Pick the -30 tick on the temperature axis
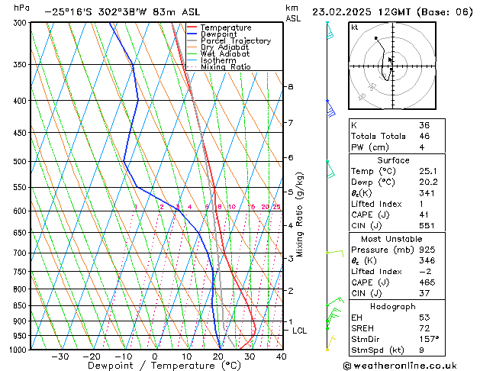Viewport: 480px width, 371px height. (x=59, y=356)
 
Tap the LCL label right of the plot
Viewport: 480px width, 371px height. (x=299, y=331)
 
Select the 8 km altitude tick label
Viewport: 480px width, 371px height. (x=290, y=87)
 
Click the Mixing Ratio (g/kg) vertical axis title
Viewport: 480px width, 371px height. (x=300, y=214)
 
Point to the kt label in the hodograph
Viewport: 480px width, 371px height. (x=354, y=27)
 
